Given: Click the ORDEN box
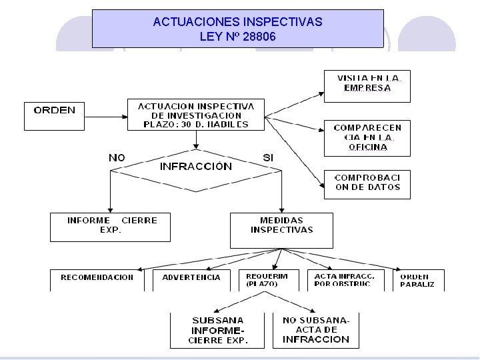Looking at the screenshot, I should [x=55, y=115].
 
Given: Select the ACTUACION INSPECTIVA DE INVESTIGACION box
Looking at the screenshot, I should [x=196, y=115].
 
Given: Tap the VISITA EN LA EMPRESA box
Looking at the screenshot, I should [x=367, y=86].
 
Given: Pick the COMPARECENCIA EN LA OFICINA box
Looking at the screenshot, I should [x=367, y=137].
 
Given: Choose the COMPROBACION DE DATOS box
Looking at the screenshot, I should [x=367, y=184].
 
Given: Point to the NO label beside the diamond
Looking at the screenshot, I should [x=117, y=158].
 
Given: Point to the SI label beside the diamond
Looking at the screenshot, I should [x=268, y=158].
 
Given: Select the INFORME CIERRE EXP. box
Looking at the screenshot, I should [x=110, y=227].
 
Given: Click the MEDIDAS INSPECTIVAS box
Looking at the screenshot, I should [x=281, y=229].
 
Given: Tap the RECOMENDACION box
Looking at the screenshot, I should [x=97, y=279].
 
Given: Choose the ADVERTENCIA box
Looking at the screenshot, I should [x=191, y=279].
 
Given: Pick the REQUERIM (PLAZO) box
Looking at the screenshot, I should [x=267, y=279].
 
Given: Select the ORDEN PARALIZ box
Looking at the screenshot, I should [x=417, y=279].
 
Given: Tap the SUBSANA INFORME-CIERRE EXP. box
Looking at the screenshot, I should [x=218, y=330].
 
